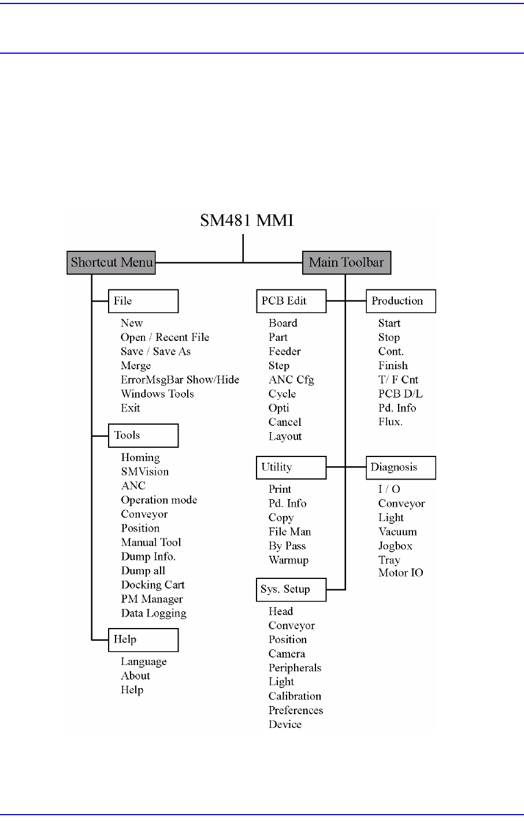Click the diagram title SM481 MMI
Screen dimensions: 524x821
[x=247, y=221]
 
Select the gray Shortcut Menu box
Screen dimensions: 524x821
[x=112, y=263]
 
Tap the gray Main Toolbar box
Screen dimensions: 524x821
[x=347, y=263]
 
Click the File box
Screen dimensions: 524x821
[x=143, y=301]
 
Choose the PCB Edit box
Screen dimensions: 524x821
[x=291, y=301]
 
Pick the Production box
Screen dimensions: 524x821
[x=401, y=301]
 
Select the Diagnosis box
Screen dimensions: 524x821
[x=401, y=467]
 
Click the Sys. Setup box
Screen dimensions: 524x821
[x=291, y=589]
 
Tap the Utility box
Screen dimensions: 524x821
[x=291, y=467]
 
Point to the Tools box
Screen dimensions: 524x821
[x=143, y=436]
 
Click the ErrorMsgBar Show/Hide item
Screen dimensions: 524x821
[x=180, y=380]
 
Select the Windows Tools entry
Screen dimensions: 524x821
[x=157, y=394]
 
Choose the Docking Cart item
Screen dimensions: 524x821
[x=153, y=585]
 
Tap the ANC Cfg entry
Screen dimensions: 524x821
[x=291, y=380]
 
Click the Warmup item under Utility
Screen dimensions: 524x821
[x=288, y=560]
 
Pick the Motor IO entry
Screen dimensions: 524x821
[x=400, y=573]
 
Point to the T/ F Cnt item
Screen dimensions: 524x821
[x=398, y=380]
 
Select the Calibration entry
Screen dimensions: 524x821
[x=295, y=696]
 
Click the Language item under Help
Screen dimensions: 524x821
[x=143, y=662]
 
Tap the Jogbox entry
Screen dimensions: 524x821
[x=395, y=546]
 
